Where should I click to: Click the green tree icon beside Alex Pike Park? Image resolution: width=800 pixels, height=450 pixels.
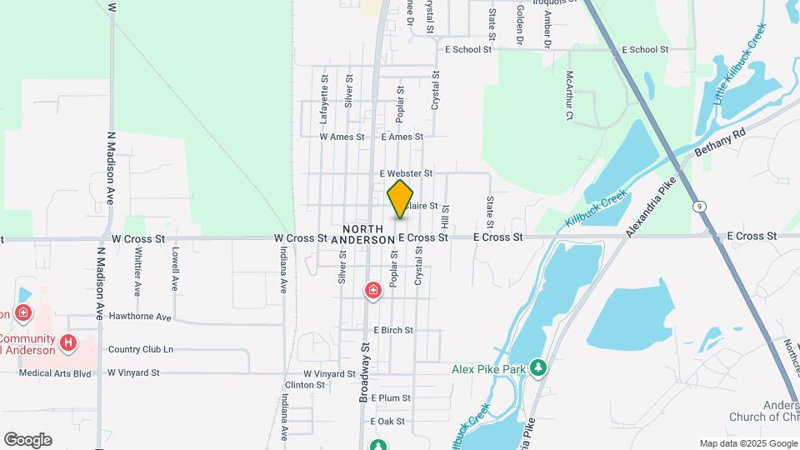coord(539,367)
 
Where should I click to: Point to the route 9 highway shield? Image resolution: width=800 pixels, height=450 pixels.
coord(697,204)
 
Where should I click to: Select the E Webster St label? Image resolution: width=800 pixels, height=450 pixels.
coord(406,173)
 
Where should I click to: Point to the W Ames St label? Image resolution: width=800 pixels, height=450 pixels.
coord(342,137)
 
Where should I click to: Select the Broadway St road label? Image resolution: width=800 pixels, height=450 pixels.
coord(364,372)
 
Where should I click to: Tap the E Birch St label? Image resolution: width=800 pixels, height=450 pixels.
coord(392,330)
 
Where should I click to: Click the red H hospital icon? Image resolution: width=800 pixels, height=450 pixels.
coord(69,342)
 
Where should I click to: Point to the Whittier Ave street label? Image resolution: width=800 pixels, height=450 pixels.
coord(137,271)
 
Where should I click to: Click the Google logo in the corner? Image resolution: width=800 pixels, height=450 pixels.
coord(27,440)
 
